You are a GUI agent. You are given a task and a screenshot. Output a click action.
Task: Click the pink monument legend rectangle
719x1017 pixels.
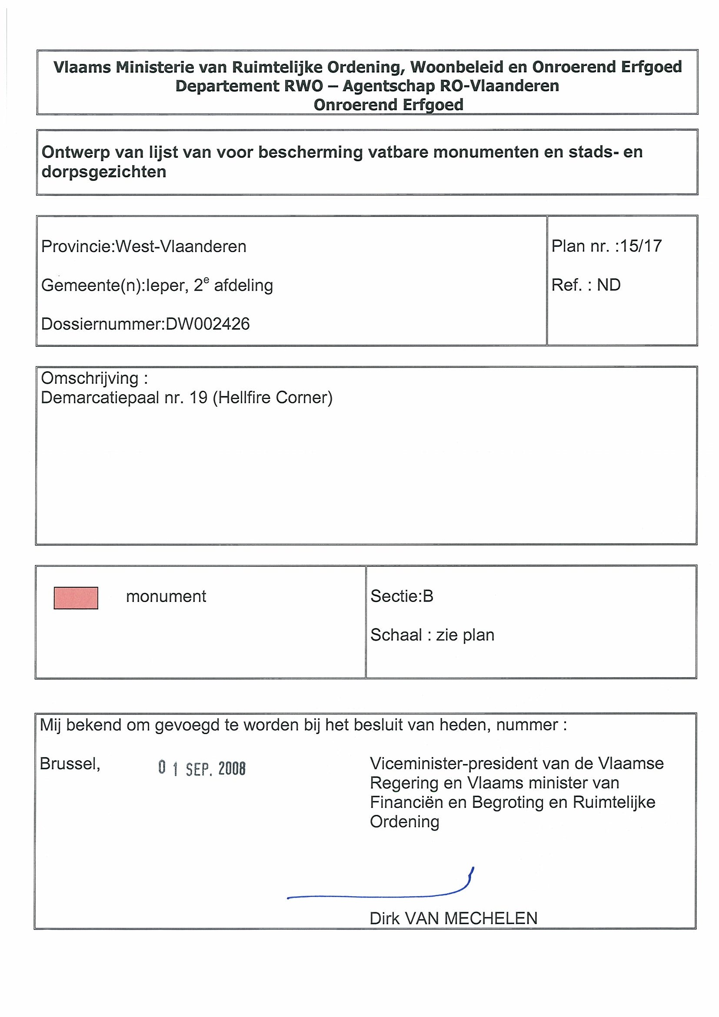[76, 598]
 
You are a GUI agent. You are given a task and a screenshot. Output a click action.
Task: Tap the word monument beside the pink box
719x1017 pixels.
[166, 597]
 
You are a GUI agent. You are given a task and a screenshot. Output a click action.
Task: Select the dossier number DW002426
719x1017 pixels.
[207, 324]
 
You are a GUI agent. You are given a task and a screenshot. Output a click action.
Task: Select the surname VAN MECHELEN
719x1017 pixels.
[471, 918]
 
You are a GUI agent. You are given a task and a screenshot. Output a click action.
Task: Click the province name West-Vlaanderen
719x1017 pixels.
[181, 246]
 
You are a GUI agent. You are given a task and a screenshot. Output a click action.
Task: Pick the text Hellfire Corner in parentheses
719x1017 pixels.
[273, 398]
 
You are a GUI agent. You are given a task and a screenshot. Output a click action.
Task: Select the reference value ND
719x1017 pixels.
[608, 285]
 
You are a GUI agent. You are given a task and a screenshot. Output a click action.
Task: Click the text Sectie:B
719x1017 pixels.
[402, 596]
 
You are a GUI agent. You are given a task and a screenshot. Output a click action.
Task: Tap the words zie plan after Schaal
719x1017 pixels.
[465, 635]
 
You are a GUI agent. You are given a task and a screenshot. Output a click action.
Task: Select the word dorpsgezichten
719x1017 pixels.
[103, 172]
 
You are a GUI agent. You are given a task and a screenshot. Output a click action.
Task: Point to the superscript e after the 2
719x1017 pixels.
[206, 280]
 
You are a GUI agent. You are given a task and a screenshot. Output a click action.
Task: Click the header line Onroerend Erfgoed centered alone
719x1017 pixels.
[389, 105]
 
